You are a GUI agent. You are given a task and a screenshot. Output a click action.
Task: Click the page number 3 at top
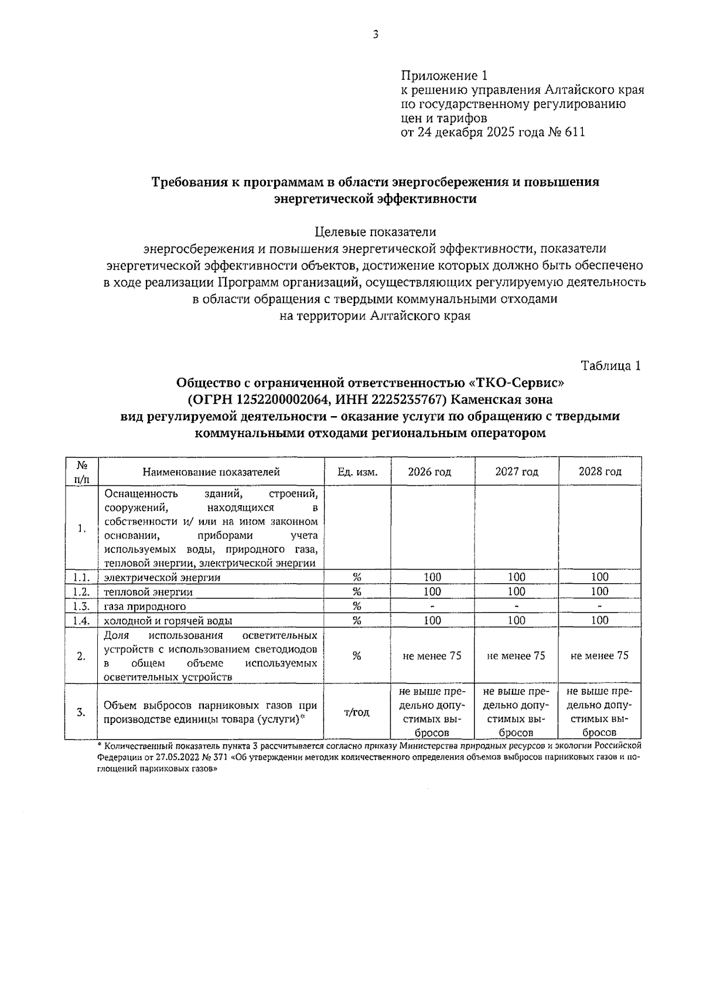pos(376,35)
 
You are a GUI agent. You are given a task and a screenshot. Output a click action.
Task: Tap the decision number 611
pos(575,132)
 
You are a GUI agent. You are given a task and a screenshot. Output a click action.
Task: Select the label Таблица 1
pos(610,366)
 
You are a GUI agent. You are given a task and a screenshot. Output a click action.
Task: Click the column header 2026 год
pos(429,472)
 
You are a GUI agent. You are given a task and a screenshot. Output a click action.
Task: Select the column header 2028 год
pos(600,472)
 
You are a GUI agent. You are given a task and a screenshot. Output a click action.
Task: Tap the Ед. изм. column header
pos(357,472)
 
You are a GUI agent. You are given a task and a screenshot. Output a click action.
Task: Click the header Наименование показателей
pos(211,472)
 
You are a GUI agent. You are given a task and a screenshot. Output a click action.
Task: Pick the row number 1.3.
pos(81,606)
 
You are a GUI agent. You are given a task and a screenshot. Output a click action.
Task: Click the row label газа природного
pos(145,607)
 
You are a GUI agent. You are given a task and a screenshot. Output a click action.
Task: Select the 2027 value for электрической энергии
pos(516,577)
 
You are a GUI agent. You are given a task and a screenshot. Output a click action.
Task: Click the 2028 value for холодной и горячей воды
pos(600,620)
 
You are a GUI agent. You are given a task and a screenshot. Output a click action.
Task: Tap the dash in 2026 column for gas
pos(432,606)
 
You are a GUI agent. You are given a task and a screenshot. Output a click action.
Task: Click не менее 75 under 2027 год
pos(516,656)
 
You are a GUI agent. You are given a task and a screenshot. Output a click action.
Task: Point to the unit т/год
pos(357,712)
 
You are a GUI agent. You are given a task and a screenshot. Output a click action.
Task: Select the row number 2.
pos(81,656)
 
